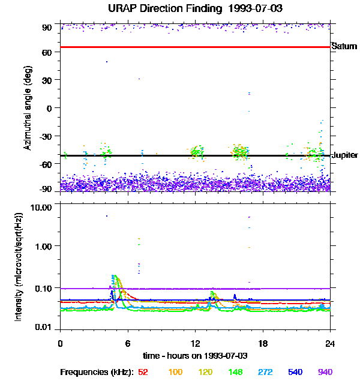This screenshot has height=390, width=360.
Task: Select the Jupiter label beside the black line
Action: pos(345,155)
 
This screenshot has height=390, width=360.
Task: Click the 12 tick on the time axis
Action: pos(195,343)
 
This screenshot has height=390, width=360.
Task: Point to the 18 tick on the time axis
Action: pos(263,343)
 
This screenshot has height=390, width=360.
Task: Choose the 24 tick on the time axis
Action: pos(330,343)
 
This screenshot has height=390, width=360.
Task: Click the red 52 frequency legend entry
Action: pos(143,373)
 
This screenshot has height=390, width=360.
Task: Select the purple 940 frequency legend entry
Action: pos(325,373)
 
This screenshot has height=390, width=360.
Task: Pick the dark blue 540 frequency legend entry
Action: pos(294,373)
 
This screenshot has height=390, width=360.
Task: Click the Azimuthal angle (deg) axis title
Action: pos(28,108)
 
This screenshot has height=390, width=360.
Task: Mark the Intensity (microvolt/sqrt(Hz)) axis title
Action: pos(20,266)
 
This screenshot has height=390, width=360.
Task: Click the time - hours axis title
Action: pos(196,356)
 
